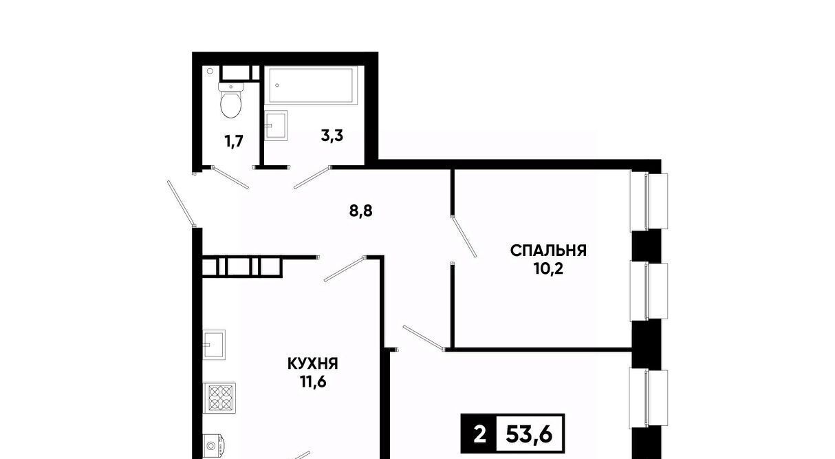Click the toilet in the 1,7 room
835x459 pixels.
point(231,100)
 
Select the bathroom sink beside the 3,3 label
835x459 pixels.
point(276,125)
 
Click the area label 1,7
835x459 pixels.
point(234,142)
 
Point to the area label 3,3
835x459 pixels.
point(332,136)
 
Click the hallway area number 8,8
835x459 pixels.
point(361,211)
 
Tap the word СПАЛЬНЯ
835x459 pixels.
point(548,250)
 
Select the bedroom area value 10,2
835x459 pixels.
point(548,269)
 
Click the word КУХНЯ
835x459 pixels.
point(313,363)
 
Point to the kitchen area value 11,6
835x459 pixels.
point(313,382)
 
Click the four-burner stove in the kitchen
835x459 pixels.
point(219,398)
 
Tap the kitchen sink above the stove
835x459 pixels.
point(214,345)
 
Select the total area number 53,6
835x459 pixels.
point(529,434)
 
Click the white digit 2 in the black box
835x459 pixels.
point(479,435)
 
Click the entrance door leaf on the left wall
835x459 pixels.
point(181,204)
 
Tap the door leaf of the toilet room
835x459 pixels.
point(230,178)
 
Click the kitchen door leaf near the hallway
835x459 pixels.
point(344,269)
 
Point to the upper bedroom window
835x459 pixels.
point(649,201)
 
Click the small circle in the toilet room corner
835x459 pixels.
point(210,71)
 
